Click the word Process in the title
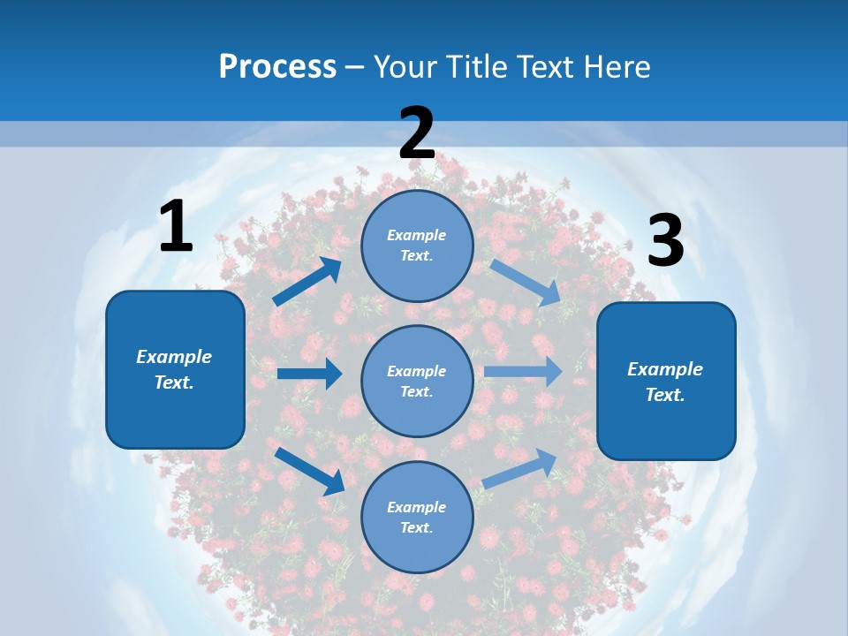(x=277, y=66)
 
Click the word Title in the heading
(x=473, y=66)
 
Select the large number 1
(x=176, y=227)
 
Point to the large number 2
(x=417, y=133)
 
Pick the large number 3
(x=665, y=241)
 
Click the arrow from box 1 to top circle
(x=307, y=282)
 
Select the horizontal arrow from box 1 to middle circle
(x=309, y=374)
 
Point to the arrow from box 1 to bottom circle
(x=310, y=471)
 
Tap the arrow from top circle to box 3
(x=526, y=283)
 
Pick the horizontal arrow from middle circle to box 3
(x=522, y=372)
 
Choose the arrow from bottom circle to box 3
(x=520, y=468)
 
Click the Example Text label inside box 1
(x=174, y=369)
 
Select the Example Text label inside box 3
(x=665, y=382)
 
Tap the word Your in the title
(x=403, y=66)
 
